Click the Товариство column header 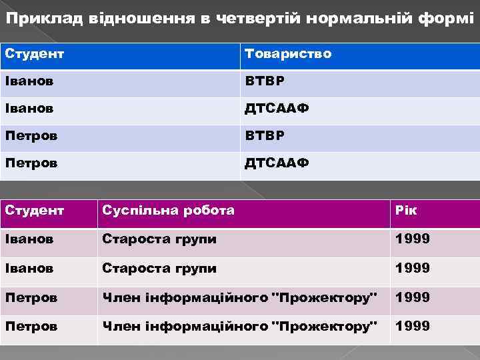point(287,53)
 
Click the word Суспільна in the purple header point(136,210)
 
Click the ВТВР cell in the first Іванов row point(264,81)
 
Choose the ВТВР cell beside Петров point(264,135)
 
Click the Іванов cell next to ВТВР point(29,81)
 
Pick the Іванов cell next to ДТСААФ point(29,108)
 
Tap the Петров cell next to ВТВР point(31,135)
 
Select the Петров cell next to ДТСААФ point(31,163)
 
